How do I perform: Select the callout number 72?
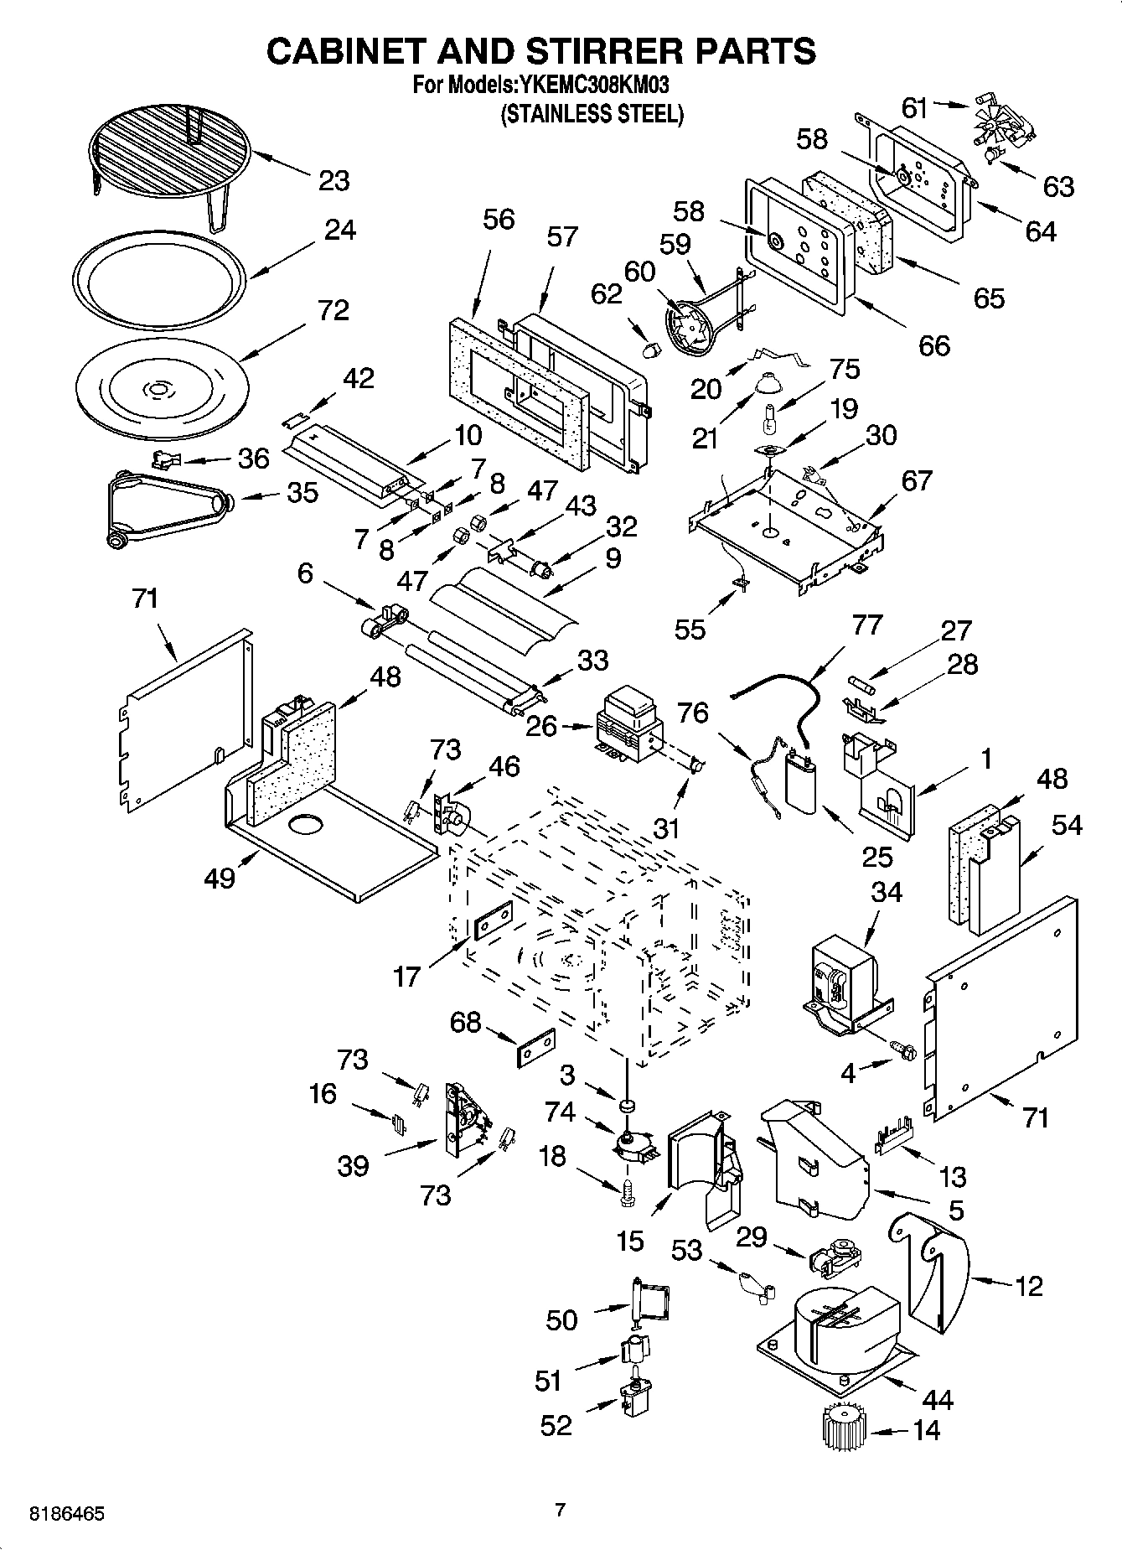coord(333,310)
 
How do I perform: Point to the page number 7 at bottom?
coord(561,1510)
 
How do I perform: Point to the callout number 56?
coord(499,220)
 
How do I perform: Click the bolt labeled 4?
coord(906,1050)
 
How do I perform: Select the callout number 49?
coord(220,879)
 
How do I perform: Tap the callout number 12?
coord(1028,1285)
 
